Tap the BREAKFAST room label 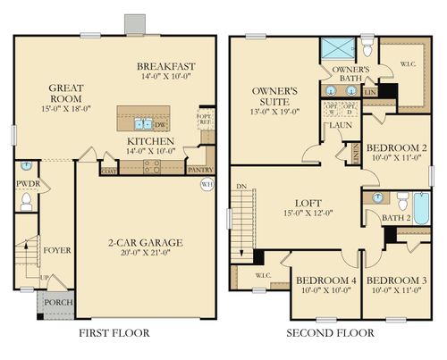165,67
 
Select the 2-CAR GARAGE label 145,242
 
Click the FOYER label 56,250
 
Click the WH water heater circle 207,185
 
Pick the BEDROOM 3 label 395,280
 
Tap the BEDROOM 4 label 326,280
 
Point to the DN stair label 239,187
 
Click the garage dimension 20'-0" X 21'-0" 145,253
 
